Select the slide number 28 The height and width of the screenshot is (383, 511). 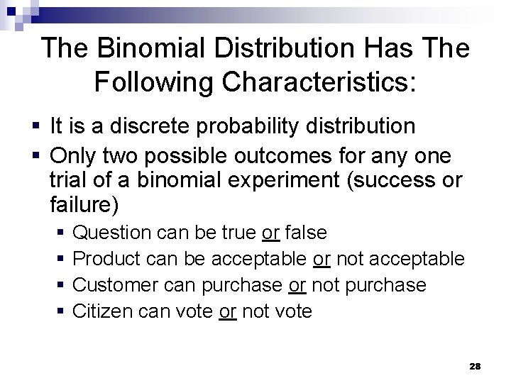[x=476, y=366]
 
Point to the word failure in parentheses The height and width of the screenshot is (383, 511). [x=82, y=206]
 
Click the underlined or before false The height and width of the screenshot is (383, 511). [x=270, y=232]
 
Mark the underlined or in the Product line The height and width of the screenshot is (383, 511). [x=322, y=259]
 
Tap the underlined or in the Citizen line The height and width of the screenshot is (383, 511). [x=228, y=311]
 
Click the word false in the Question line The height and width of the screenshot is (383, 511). [x=305, y=232]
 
